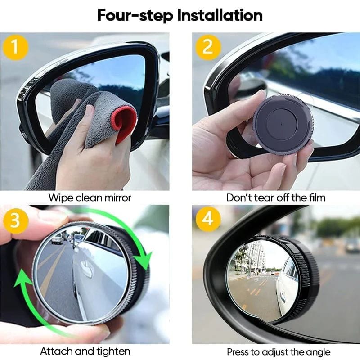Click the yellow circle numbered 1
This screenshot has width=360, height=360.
tap(15, 47)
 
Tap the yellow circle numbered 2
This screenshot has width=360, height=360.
tap(207, 47)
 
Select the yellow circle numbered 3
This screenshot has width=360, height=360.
tap(15, 220)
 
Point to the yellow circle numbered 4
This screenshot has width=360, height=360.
tap(207, 220)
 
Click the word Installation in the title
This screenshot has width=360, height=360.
tap(220, 15)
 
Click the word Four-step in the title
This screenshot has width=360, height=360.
tap(134, 15)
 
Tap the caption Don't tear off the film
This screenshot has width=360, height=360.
tap(275, 197)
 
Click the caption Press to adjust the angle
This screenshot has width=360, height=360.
tap(278, 352)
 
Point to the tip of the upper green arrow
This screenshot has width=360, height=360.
tap(145, 265)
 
